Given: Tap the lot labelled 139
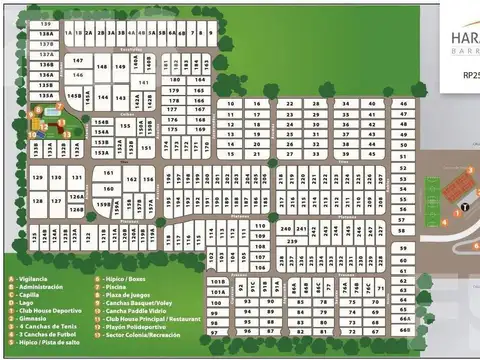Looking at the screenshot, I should pyautogui.click(x=47, y=23).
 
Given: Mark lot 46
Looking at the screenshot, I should pyautogui.click(x=403, y=103).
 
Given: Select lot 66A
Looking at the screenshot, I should pyautogui.click(x=405, y=323).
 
